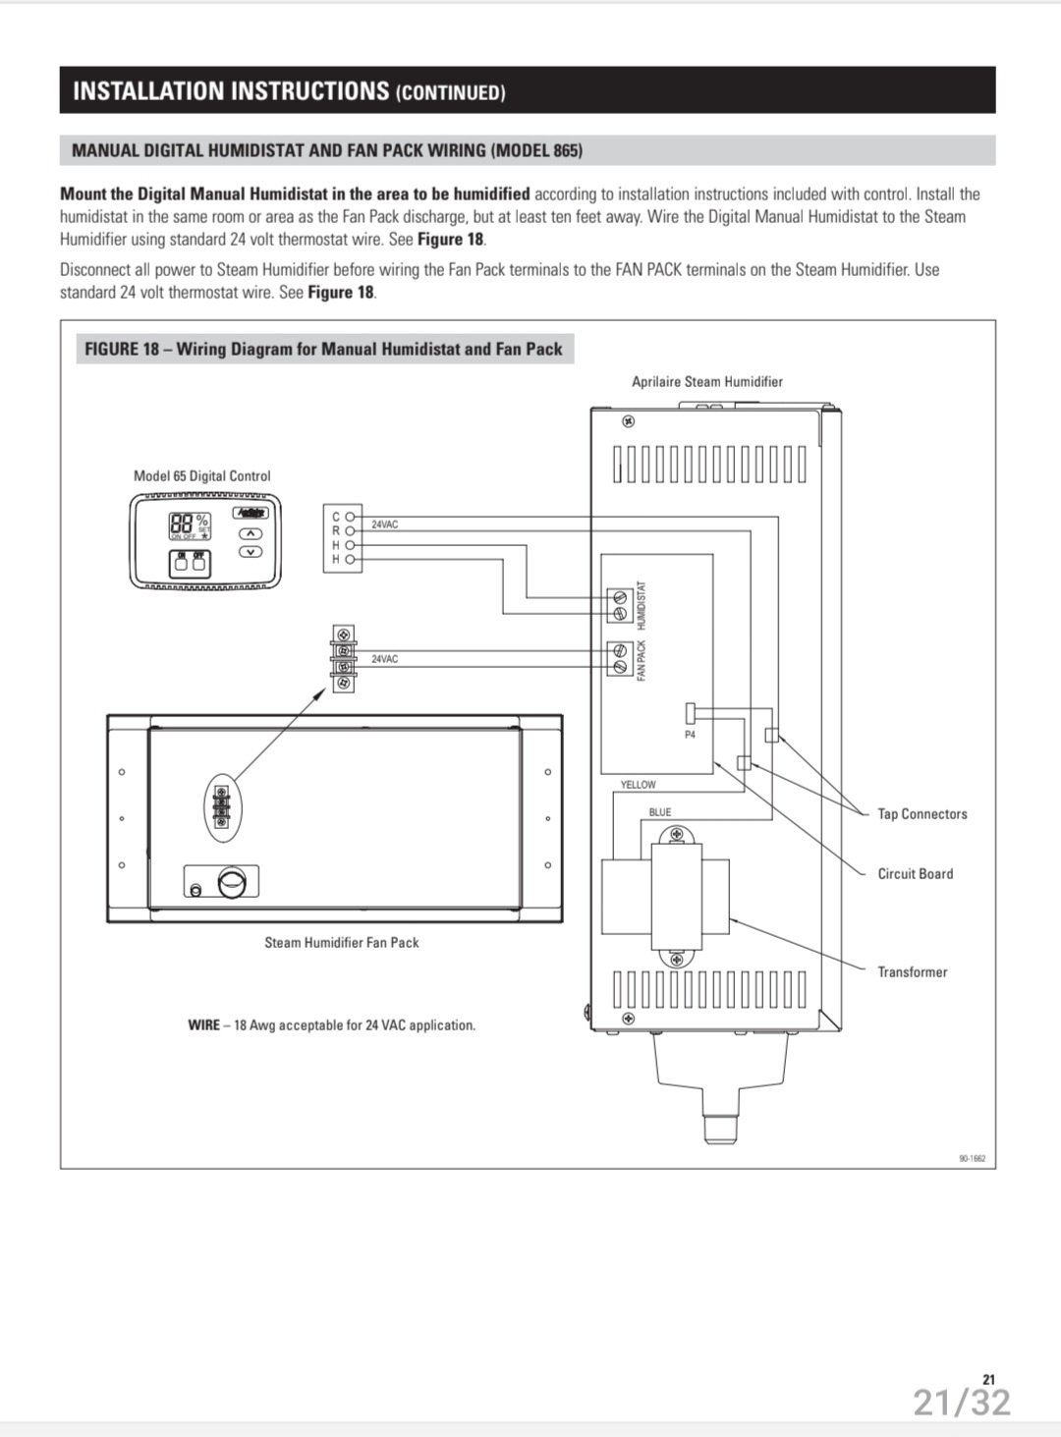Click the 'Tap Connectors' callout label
[921, 813]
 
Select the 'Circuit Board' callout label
[915, 873]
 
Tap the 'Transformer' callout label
[912, 971]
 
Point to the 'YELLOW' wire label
[638, 785]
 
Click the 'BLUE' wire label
[660, 812]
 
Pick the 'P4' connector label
[690, 735]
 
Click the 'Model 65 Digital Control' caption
[201, 475]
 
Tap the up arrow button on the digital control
[251, 533]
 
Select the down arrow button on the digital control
[251, 551]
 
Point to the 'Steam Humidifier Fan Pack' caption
[341, 942]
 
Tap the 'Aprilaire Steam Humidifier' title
[706, 381]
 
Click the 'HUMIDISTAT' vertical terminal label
[642, 605]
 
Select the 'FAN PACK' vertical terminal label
[642, 660]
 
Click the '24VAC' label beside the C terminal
[384, 525]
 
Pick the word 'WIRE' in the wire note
[203, 1024]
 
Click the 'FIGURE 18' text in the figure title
[121, 349]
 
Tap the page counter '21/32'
[961, 1402]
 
